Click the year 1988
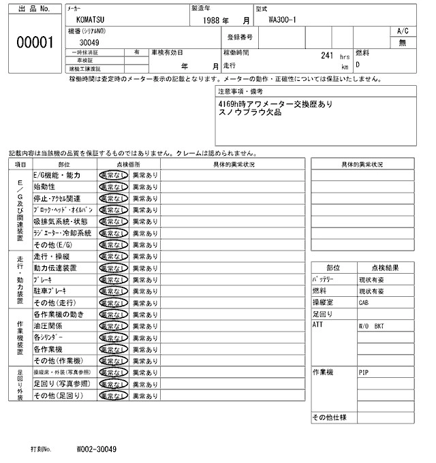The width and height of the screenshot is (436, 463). tap(216, 20)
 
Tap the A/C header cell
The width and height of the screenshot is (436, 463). tap(402, 31)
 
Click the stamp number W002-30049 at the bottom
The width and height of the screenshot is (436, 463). tap(96, 449)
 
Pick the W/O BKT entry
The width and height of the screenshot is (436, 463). tap(371, 326)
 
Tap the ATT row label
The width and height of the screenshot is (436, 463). tap(317, 325)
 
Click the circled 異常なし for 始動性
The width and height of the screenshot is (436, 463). tap(113, 187)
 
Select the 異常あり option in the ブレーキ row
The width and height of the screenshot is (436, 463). tap(144, 279)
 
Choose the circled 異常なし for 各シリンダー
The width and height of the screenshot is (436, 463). tap(113, 337)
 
